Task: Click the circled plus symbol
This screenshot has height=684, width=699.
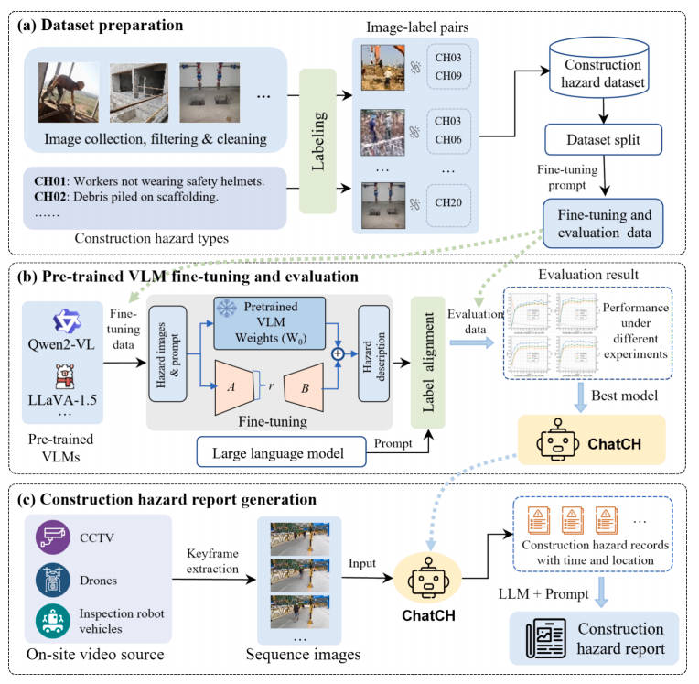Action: coord(339,352)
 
